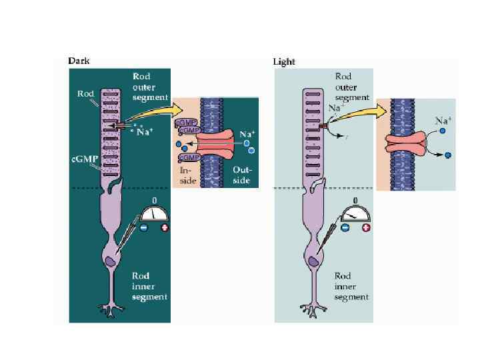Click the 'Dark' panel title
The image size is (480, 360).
pyautogui.click(x=79, y=61)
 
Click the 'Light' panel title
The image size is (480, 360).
pyautogui.click(x=284, y=62)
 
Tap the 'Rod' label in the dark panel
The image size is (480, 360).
pyautogui.click(x=85, y=94)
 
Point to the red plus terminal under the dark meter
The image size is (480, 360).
pyautogui.click(x=165, y=227)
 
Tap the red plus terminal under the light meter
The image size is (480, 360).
pyautogui.click(x=365, y=227)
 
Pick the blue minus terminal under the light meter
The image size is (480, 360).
pyautogui.click(x=345, y=227)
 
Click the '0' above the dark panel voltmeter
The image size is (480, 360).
pyautogui.click(x=155, y=200)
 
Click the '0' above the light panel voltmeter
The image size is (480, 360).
pyautogui.click(x=355, y=200)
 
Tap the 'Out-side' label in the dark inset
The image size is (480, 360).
pyautogui.click(x=241, y=175)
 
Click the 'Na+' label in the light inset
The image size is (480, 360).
pyautogui.click(x=443, y=121)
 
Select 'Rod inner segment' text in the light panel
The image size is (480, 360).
pyautogui.click(x=352, y=286)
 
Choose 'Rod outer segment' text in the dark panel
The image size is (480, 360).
pyautogui.click(x=151, y=87)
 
